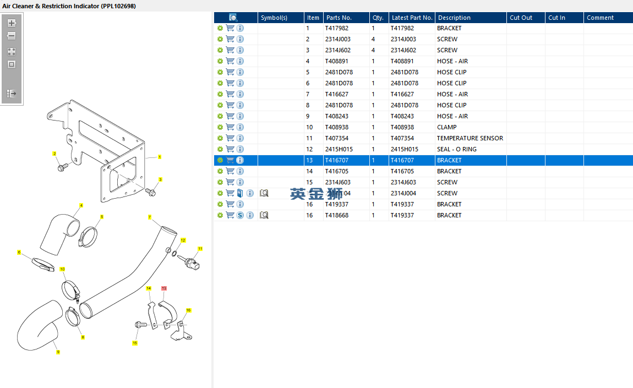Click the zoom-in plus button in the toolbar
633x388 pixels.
pyautogui.click(x=12, y=23)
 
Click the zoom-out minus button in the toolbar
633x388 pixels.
pyautogui.click(x=12, y=36)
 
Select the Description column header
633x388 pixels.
pyautogui.click(x=454, y=18)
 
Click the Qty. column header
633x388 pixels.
pyautogui.click(x=378, y=18)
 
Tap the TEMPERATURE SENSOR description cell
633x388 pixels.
pyautogui.click(x=470, y=138)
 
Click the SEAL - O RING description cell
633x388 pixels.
pyautogui.click(x=457, y=149)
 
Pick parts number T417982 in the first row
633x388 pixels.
pyautogui.click(x=336, y=28)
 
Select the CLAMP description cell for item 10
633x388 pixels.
pyautogui.click(x=447, y=127)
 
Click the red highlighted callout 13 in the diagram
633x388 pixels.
pyautogui.click(x=164, y=288)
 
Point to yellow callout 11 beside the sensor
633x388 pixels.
pyautogui.click(x=200, y=249)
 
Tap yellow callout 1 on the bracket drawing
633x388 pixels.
pyautogui.click(x=160, y=157)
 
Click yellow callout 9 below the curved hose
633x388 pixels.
pyautogui.click(x=58, y=352)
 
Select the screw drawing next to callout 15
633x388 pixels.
pyautogui.click(x=140, y=325)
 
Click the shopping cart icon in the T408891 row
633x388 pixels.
pyautogui.click(x=230, y=61)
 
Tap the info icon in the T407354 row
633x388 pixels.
pyautogui.click(x=240, y=138)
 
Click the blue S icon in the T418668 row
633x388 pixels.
pyautogui.click(x=240, y=215)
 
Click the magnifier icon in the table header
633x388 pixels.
pyautogui.click(x=233, y=18)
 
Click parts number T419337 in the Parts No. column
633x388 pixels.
pyautogui.click(x=336, y=204)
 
